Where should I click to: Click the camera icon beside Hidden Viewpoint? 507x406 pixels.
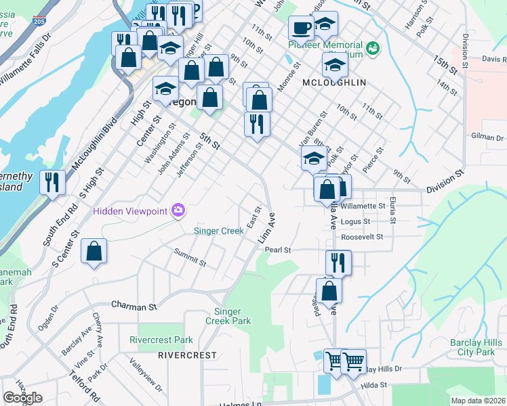[x=178, y=210]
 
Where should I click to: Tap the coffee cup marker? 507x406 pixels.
[x=301, y=28]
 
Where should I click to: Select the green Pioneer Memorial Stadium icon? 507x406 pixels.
[x=371, y=48]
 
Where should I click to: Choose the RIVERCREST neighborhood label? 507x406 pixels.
[x=187, y=355]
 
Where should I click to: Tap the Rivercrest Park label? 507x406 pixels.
[x=161, y=340]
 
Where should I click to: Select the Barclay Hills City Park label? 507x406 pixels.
[x=472, y=347]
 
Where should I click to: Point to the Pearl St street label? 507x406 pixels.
[x=277, y=250]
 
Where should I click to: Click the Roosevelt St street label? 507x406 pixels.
[x=362, y=237]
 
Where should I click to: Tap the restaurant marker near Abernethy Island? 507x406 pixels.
[x=52, y=182]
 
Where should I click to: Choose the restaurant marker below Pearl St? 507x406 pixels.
[x=338, y=262]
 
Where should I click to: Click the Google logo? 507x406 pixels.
[x=22, y=397]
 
